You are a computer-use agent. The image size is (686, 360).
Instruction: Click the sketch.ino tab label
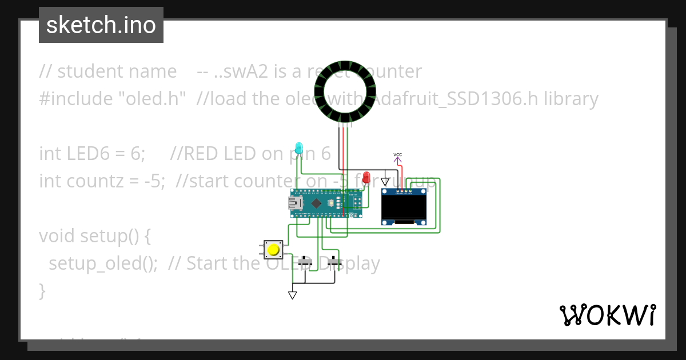tap(101, 25)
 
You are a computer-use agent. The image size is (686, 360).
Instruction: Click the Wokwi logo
tap(607, 315)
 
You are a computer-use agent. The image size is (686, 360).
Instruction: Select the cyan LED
tap(298, 147)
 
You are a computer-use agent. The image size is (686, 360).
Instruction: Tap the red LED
tap(366, 177)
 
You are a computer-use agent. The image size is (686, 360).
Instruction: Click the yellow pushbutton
tap(274, 250)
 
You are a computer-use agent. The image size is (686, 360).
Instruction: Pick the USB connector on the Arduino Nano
tap(297, 203)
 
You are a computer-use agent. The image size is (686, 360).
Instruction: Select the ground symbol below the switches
tap(293, 295)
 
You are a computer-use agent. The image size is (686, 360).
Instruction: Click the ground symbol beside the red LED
tap(385, 181)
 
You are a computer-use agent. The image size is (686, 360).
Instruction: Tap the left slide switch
tap(305, 262)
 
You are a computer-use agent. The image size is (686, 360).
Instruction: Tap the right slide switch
tap(335, 262)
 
